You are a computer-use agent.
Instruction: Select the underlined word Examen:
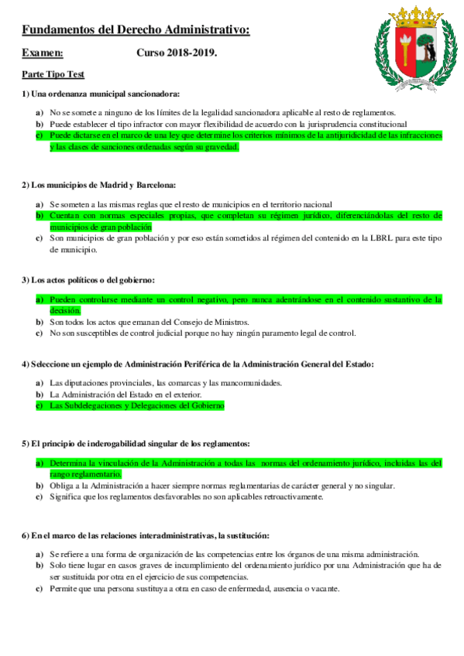43,53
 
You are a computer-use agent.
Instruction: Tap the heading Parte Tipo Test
53,74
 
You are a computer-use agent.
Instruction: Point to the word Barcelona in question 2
155,185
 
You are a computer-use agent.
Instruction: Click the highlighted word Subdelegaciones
92,405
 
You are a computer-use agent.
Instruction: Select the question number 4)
26,364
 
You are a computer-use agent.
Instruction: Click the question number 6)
26,535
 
